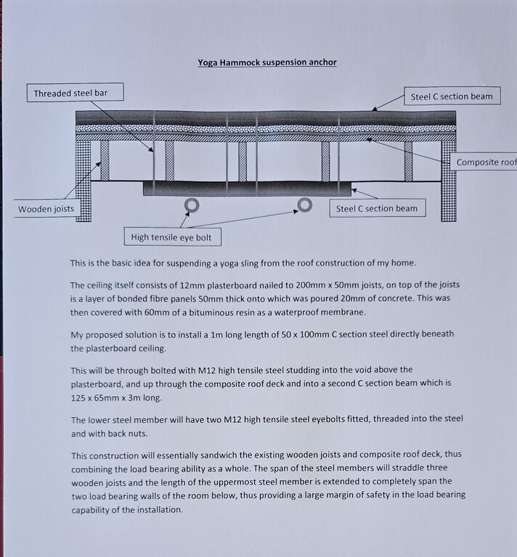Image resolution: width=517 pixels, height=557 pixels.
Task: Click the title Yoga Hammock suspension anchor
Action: [267, 62]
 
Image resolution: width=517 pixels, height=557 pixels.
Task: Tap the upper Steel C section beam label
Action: [451, 96]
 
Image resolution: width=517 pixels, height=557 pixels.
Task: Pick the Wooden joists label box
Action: [46, 210]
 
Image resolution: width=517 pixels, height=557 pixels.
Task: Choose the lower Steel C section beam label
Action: [376, 209]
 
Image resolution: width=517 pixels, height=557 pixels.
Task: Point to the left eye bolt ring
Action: [192, 205]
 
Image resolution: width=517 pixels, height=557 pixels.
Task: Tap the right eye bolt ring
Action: [305, 205]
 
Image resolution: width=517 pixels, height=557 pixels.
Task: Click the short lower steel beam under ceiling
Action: [247, 189]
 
